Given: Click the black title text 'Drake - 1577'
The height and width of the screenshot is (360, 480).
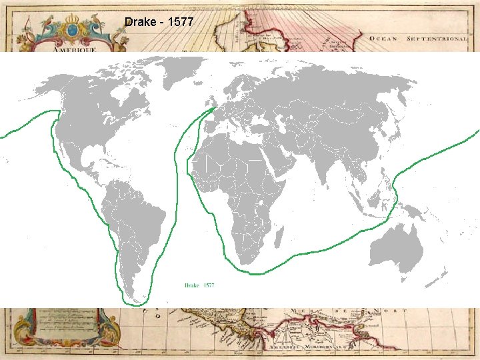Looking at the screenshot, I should click(x=159, y=22).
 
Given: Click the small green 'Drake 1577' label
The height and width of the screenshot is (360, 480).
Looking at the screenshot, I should click(x=199, y=285).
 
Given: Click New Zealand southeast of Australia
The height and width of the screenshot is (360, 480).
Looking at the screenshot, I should click(x=445, y=273).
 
